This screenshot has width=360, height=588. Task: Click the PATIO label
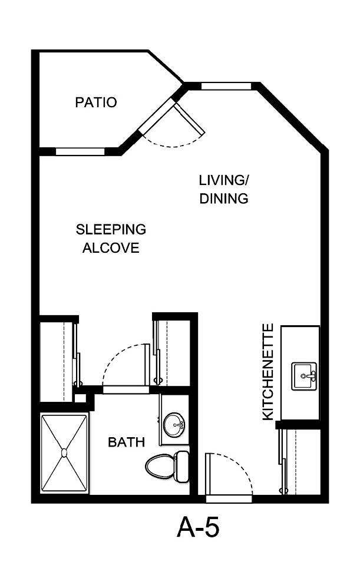click(95, 103)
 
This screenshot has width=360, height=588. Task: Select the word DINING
click(223, 199)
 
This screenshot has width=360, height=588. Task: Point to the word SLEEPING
click(111, 229)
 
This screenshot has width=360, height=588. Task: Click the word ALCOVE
click(111, 247)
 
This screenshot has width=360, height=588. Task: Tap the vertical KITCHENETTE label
click(268, 372)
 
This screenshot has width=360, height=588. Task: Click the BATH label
click(126, 442)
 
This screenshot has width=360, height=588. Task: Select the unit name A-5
click(198, 528)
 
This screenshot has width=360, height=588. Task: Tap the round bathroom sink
click(173, 424)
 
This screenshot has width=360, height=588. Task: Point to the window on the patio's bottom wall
click(80, 151)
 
